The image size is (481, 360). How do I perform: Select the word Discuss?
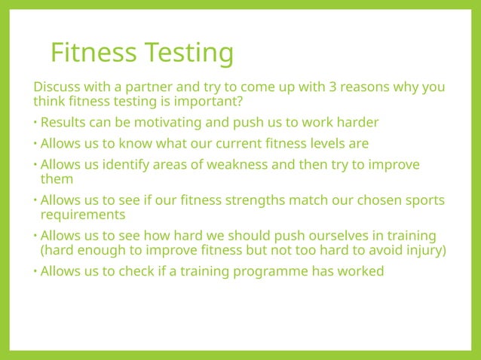[x=56, y=87]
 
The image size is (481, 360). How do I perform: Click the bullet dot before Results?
[x=35, y=123]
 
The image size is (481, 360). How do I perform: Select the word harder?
[x=356, y=123]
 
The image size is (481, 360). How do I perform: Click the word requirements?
[x=82, y=215]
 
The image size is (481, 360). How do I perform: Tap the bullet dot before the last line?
[x=35, y=272]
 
